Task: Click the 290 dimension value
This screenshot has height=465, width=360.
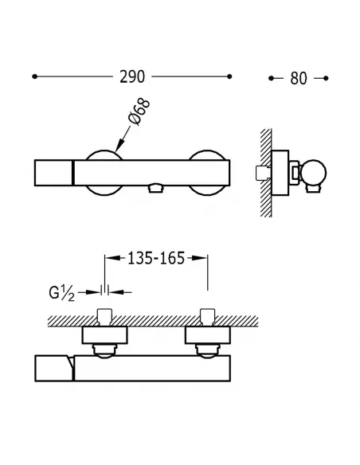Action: pyautogui.click(x=132, y=76)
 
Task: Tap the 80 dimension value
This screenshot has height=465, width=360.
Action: pyautogui.click(x=299, y=78)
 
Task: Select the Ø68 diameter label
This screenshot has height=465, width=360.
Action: pyautogui.click(x=139, y=112)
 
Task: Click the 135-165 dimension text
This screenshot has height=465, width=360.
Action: pyautogui.click(x=156, y=258)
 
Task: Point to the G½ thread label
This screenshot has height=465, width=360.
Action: pyautogui.click(x=61, y=294)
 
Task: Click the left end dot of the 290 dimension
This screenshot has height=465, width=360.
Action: pyautogui.click(x=35, y=76)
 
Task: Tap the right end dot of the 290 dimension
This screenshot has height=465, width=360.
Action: pyautogui.click(x=229, y=76)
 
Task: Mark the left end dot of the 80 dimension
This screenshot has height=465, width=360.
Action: pyautogui.click(x=271, y=78)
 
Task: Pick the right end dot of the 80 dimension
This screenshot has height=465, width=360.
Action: pyautogui.click(x=326, y=78)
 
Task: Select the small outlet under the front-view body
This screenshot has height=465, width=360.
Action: pyautogui.click(x=155, y=189)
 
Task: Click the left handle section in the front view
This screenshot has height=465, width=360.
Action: pyautogui.click(x=53, y=173)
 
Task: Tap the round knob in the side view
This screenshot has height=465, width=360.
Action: pyautogui.click(x=314, y=173)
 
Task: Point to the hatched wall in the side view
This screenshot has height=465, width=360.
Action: pyautogui.click(x=266, y=173)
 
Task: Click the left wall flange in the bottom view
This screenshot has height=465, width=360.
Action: pyautogui.click(x=104, y=335)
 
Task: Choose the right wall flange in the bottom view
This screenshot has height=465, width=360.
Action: pyautogui.click(x=208, y=335)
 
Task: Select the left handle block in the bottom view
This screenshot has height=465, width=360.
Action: pyautogui.click(x=54, y=368)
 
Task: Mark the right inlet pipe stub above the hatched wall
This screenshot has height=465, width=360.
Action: pyautogui.click(x=208, y=317)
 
